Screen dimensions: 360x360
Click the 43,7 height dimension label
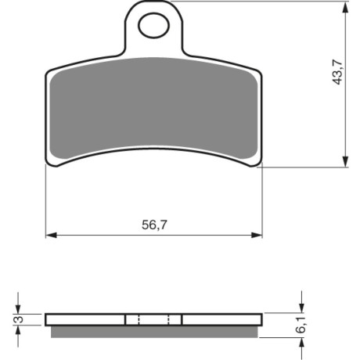[338, 72]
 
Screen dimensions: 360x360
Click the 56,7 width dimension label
[154, 225]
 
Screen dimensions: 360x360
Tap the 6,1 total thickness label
[301, 325]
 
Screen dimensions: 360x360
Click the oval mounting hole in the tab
[154, 26]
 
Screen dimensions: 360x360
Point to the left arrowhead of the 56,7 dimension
[51, 235]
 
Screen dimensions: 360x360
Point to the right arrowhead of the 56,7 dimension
[257, 235]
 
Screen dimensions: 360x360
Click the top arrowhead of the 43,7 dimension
[345, 8]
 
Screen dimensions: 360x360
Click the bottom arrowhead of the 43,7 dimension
[345, 161]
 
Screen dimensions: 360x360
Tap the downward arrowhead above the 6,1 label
[301, 307]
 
